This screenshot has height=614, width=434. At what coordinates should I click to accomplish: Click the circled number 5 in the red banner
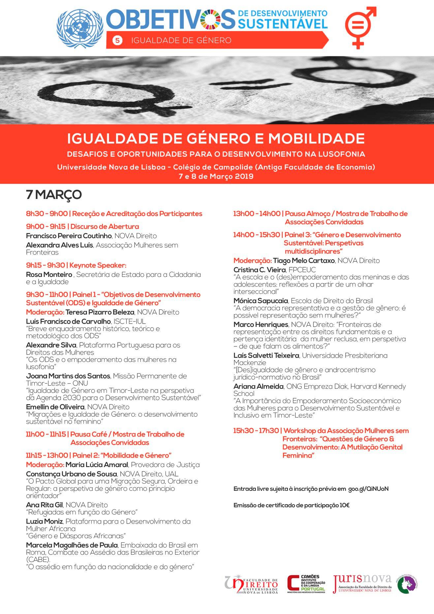click(x=117, y=40)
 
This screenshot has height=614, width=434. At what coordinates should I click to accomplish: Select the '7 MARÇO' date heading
click(x=54, y=195)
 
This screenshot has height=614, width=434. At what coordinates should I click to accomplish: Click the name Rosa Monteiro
click(x=49, y=275)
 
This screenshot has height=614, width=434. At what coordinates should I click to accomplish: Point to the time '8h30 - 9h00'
click(x=47, y=214)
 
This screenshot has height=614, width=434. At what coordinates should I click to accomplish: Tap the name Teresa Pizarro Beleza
click(x=100, y=312)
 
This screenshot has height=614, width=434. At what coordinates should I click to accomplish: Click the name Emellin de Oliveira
click(x=55, y=407)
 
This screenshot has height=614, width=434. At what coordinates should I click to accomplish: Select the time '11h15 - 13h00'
click(x=47, y=456)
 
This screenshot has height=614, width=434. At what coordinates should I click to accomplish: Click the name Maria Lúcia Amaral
click(x=97, y=465)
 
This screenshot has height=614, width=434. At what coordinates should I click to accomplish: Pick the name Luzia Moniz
click(x=44, y=522)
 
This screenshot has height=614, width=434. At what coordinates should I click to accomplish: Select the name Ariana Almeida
click(x=259, y=386)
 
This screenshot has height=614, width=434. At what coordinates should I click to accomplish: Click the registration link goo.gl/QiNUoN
click(x=368, y=489)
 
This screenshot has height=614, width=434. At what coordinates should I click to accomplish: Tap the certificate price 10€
click(x=344, y=505)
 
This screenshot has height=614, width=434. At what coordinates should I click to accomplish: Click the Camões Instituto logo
click(x=306, y=585)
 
